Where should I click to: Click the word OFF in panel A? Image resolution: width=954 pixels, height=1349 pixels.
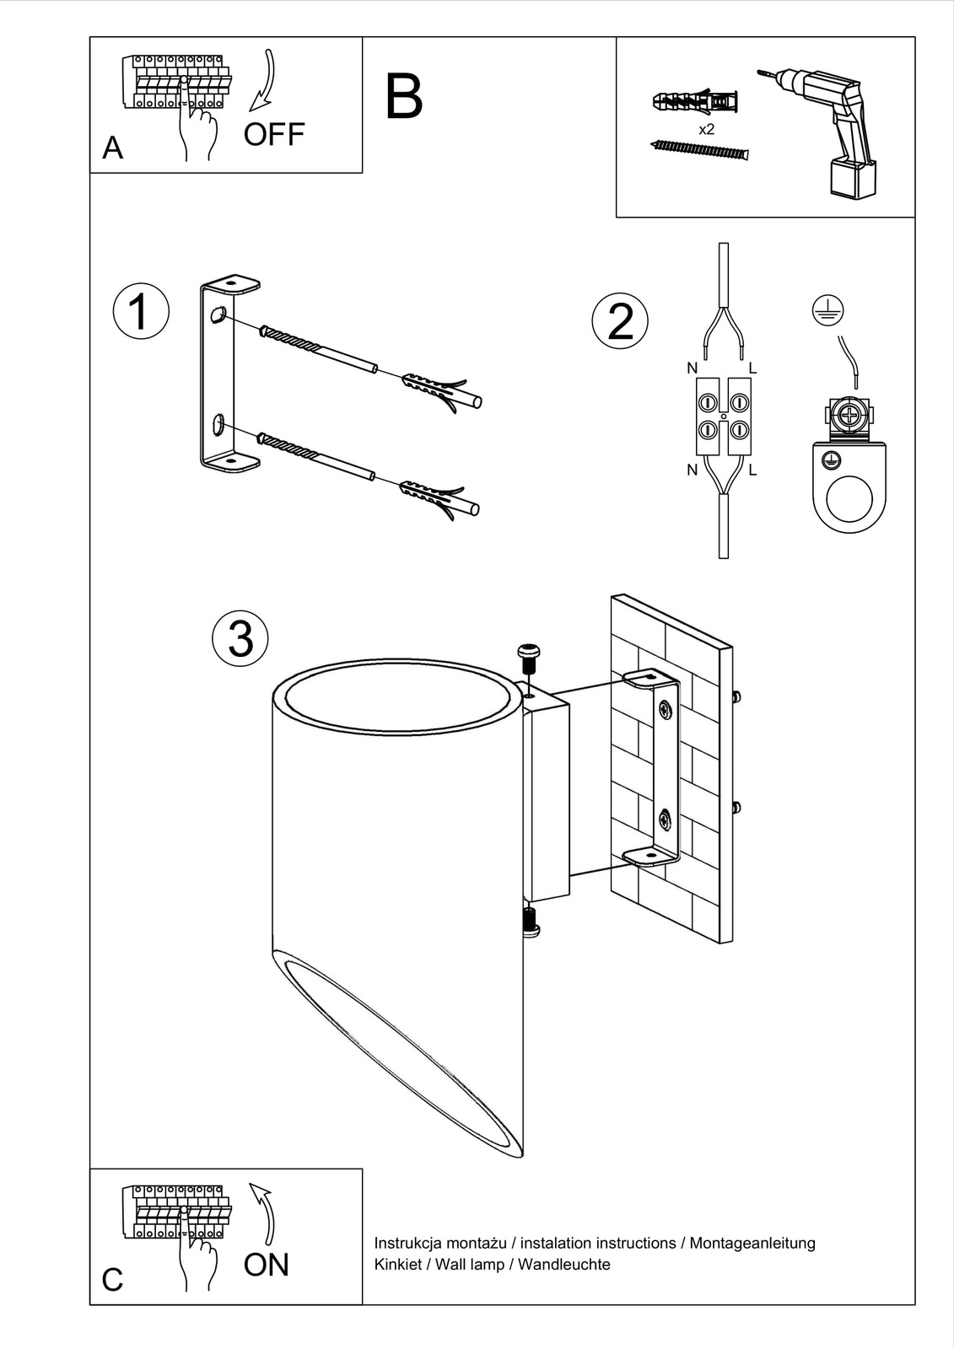click(x=273, y=135)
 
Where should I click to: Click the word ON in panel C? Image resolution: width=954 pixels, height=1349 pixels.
click(x=266, y=1265)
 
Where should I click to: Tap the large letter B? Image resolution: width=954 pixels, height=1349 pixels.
click(x=403, y=98)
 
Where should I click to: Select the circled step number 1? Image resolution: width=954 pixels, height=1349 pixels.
click(x=141, y=311)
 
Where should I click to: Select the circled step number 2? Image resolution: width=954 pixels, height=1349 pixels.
click(x=620, y=321)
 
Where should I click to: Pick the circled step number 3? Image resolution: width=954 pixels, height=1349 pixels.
click(x=240, y=637)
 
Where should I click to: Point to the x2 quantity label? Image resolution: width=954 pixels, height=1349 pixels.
click(x=707, y=130)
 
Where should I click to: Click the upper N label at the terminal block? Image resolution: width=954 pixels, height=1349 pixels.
click(x=692, y=368)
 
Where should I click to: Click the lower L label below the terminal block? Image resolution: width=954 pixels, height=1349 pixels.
click(x=752, y=470)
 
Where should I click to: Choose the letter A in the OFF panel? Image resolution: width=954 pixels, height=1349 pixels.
click(x=112, y=148)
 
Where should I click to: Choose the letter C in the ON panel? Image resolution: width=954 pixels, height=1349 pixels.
click(x=112, y=1280)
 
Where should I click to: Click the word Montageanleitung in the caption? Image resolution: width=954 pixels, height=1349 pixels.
click(x=752, y=1243)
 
